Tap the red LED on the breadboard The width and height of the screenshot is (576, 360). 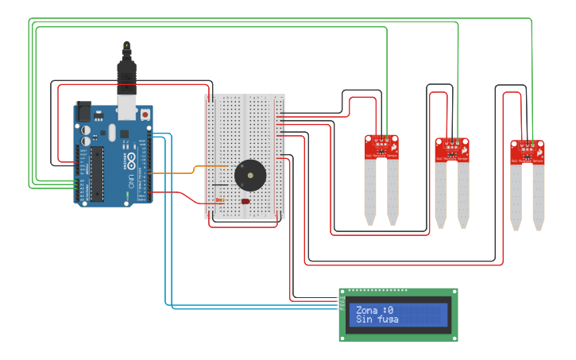click(x=245, y=202)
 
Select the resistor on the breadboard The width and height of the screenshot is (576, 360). click(x=219, y=201)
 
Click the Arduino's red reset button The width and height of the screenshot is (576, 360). click(x=145, y=114)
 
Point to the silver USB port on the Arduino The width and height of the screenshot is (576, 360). click(x=126, y=106)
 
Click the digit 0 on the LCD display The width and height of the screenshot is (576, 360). click(x=390, y=310)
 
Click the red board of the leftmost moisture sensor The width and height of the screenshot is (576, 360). click(x=381, y=147)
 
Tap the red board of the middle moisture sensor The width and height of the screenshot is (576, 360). click(x=452, y=149)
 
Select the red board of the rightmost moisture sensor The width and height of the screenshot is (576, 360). click(x=528, y=151)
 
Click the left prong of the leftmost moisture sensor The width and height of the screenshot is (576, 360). click(x=370, y=191)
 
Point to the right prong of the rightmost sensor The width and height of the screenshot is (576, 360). click(x=539, y=195)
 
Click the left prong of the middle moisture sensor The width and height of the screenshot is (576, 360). click(x=441, y=193)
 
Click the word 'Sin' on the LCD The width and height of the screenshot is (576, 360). click(x=364, y=319)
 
